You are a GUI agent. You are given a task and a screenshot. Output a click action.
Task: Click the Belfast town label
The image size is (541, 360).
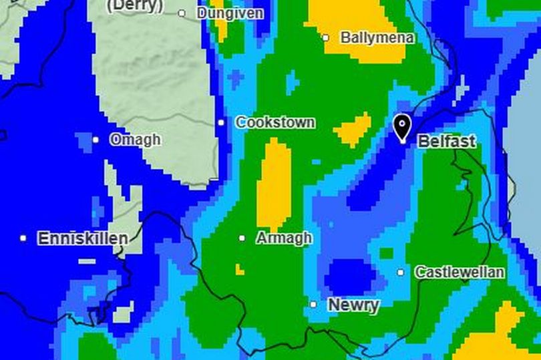pyautogui.click(x=447, y=142)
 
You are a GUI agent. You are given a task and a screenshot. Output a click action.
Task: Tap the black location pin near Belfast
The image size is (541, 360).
pyautogui.click(x=401, y=127)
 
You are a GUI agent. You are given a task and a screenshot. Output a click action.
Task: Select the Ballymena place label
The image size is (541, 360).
pyautogui.click(x=377, y=38)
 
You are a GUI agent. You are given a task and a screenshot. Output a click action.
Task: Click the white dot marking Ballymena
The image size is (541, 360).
pyautogui.click(x=325, y=38)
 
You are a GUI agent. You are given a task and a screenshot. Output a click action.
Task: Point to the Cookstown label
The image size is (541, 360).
pyautogui.click(x=275, y=123)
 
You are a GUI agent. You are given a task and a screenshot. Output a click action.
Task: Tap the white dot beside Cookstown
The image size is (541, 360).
pyautogui.click(x=221, y=123)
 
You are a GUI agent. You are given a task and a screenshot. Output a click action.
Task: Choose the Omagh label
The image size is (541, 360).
pyautogui.click(x=135, y=140)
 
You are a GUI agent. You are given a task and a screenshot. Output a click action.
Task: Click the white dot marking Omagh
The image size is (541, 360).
pyautogui.click(x=96, y=140)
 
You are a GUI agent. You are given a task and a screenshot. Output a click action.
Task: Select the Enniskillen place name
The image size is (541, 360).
pyautogui.click(x=82, y=238)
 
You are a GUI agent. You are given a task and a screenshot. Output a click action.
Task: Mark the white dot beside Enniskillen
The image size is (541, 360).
pyautogui.click(x=23, y=238)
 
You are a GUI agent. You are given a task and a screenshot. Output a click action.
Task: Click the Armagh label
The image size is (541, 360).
pyautogui.click(x=283, y=238)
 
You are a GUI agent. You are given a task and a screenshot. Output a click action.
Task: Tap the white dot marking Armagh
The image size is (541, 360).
pyautogui.click(x=242, y=238)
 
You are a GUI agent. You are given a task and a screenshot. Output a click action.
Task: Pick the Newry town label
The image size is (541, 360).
pyautogui.click(x=353, y=305)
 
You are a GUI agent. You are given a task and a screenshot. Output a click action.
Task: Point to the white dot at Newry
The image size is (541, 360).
pyautogui.click(x=313, y=305)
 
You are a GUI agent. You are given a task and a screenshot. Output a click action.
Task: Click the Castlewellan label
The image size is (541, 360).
pyautogui.click(x=460, y=273)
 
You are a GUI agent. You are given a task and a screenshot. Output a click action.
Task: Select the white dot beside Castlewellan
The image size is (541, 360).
pyautogui.click(x=401, y=273)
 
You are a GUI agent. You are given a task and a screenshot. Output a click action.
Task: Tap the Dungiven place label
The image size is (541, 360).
pyautogui.click(x=229, y=13)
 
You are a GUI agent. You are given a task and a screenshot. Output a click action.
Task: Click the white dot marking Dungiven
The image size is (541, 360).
pyautogui.click(x=182, y=13)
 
